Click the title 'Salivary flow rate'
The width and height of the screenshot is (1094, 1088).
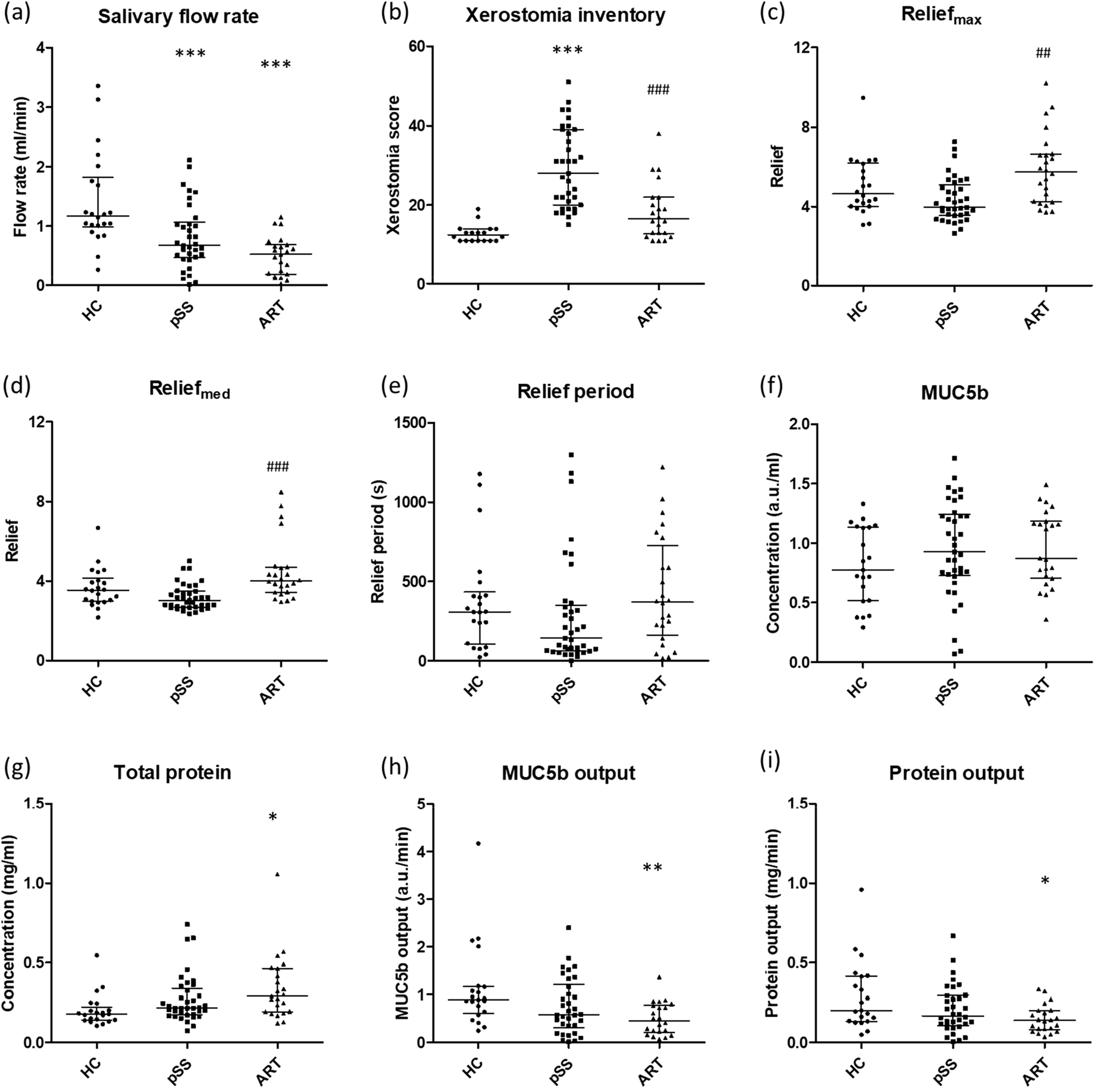[178, 17]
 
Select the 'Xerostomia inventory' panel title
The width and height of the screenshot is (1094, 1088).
[565, 16]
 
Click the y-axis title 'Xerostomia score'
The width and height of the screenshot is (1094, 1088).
[393, 165]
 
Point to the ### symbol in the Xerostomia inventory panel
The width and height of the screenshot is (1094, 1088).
[657, 90]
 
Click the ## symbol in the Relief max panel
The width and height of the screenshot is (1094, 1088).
[1042, 54]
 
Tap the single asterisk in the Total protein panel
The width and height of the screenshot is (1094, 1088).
[273, 817]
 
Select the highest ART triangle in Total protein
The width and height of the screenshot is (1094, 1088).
[278, 874]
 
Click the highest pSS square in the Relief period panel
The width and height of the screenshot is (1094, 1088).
[571, 454]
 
